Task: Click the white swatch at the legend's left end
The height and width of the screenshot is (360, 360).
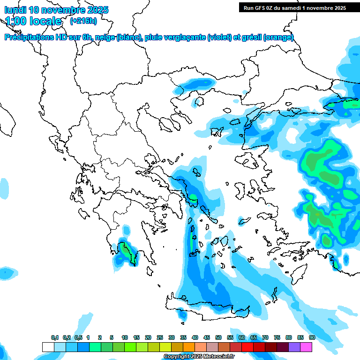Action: point(48,347)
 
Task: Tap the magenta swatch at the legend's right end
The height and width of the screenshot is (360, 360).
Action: point(306,347)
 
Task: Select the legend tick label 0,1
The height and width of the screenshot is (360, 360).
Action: point(54,337)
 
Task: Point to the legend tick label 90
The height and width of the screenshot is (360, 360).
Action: point(312,337)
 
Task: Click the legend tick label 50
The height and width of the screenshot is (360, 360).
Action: point(218,337)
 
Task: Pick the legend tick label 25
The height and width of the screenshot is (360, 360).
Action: point(160,337)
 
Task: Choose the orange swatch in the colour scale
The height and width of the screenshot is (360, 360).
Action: point(189,347)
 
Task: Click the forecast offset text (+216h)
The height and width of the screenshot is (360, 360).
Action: point(83,21)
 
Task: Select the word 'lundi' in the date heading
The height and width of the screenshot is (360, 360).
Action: point(15,10)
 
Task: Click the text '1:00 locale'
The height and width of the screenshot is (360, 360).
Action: point(33,21)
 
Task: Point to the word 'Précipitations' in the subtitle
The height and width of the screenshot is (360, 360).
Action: point(29,37)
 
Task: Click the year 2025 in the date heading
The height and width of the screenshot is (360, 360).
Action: point(95,10)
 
